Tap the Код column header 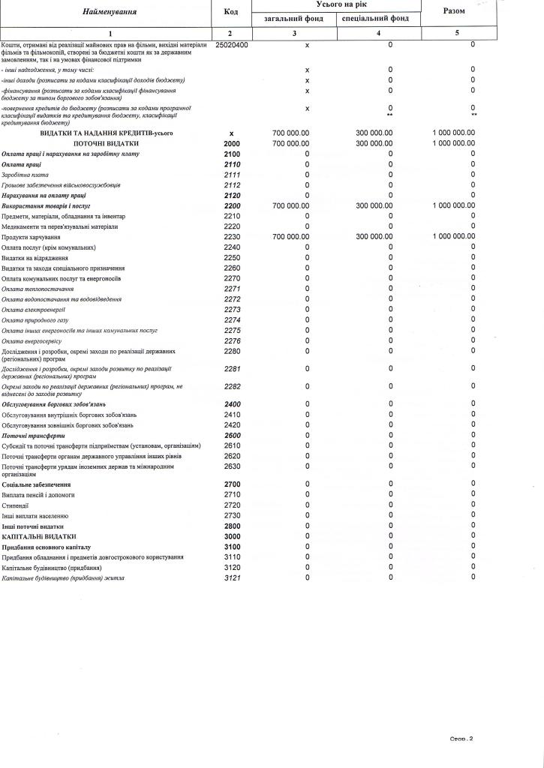(230, 12)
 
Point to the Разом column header (454, 11)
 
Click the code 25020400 (231, 46)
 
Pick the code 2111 (231, 175)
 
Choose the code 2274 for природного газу (231, 320)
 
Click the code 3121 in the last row (231, 578)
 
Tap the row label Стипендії (15, 505)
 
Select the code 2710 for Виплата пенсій (231, 495)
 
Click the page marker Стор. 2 (461, 739)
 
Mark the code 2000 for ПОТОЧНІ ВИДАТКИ (231, 143)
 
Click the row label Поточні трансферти (33, 435)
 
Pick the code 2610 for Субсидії (231, 445)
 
